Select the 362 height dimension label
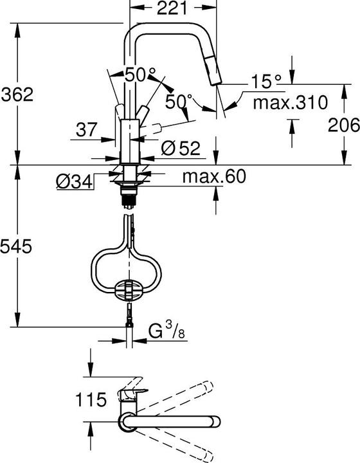17,95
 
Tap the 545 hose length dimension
15,246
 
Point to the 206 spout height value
344,125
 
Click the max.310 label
291,102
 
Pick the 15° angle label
266,81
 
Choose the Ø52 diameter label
181,148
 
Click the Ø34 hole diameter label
75,183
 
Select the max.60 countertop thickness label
214,176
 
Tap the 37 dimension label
86,130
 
